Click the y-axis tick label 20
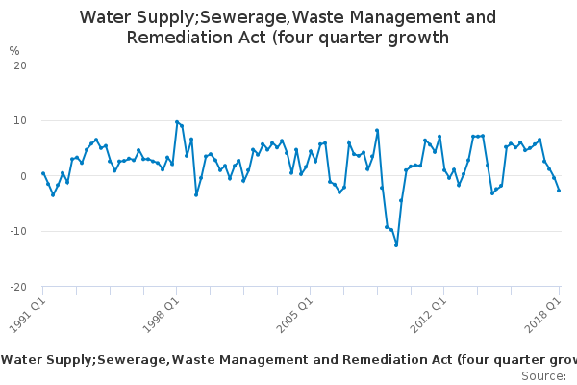pyautogui.click(x=19, y=64)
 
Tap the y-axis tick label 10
pyautogui.click(x=19, y=120)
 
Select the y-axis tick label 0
pyautogui.click(x=22, y=176)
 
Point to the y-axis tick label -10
pyautogui.click(x=17, y=232)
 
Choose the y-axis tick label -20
pyautogui.click(x=17, y=287)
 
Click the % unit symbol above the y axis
pyautogui.click(x=14, y=50)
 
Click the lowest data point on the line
pyautogui.click(x=396, y=245)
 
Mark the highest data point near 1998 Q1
pyautogui.click(x=177, y=122)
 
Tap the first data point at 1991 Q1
pyautogui.click(x=43, y=174)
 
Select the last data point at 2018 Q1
pyautogui.click(x=559, y=191)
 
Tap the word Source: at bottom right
pyautogui.click(x=543, y=375)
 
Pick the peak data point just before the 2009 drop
pyautogui.click(x=377, y=130)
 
